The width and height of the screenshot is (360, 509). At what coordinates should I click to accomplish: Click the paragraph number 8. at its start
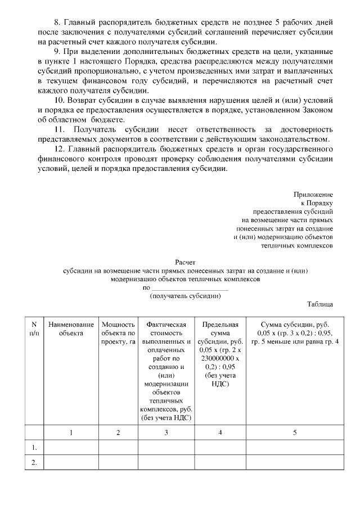click(56, 22)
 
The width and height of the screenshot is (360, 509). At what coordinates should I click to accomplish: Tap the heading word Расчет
click(186, 262)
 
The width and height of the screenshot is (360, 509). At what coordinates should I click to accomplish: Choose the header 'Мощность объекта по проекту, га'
click(118, 333)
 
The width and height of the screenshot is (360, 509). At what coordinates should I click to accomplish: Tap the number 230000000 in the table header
click(219, 358)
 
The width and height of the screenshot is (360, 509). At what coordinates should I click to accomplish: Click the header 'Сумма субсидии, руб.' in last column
click(295, 325)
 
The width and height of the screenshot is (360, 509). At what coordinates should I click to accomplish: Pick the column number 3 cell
click(165, 433)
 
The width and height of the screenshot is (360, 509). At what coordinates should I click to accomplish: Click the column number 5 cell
click(295, 433)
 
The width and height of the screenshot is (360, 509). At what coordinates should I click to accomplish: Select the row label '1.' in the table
click(34, 448)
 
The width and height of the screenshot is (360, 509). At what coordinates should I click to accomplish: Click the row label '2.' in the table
click(34, 462)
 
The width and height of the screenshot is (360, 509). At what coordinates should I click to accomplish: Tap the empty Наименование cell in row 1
click(71, 448)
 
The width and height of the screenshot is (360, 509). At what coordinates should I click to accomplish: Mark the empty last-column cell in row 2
click(295, 462)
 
